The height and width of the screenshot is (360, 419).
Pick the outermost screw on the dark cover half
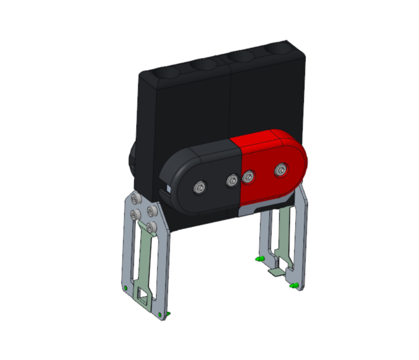[x=199, y=187]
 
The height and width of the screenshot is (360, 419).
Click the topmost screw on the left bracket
[x=134, y=199]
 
